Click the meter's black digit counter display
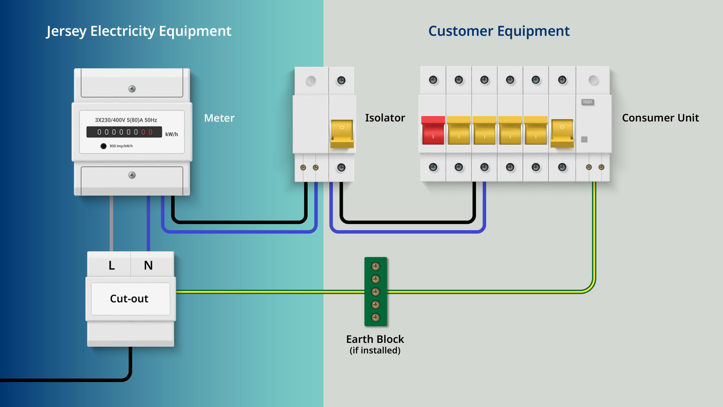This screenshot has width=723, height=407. (124, 132)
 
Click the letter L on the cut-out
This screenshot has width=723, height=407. (111, 265)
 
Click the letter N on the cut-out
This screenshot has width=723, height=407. (148, 265)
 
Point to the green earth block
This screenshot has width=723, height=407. (376, 292)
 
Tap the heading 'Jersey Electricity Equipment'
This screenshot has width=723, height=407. (139, 31)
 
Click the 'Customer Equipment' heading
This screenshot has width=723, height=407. (498, 31)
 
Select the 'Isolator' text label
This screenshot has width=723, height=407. (385, 118)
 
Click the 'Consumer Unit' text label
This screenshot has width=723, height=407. (660, 118)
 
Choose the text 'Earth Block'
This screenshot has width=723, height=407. (375, 339)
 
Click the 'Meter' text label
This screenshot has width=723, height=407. (219, 118)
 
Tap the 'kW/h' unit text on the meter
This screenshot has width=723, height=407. (171, 134)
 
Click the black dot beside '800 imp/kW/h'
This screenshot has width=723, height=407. (103, 146)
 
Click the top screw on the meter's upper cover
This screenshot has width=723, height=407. (132, 89)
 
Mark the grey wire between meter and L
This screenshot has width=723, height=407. (111, 224)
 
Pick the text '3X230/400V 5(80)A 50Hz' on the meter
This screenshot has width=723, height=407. (126, 120)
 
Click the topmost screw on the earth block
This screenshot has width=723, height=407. (376, 266)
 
